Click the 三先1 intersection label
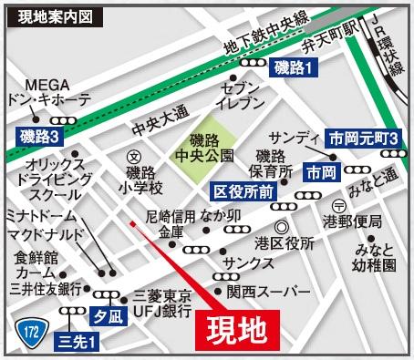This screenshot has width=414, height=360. click(x=78, y=342)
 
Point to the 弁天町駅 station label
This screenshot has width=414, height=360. click(x=332, y=41)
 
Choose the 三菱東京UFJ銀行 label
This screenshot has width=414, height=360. click(x=162, y=303)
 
